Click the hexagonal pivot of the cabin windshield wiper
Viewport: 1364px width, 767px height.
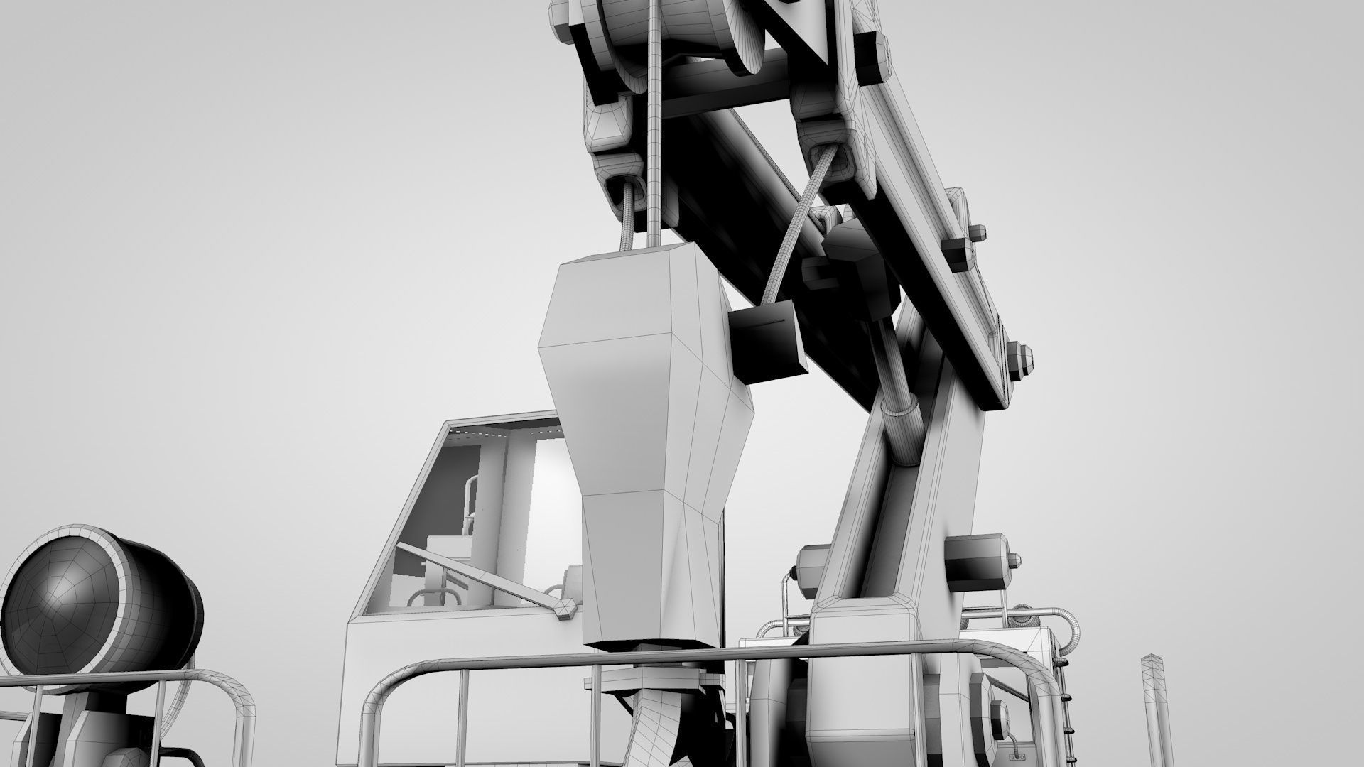565,609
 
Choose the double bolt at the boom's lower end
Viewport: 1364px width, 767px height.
1019,359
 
